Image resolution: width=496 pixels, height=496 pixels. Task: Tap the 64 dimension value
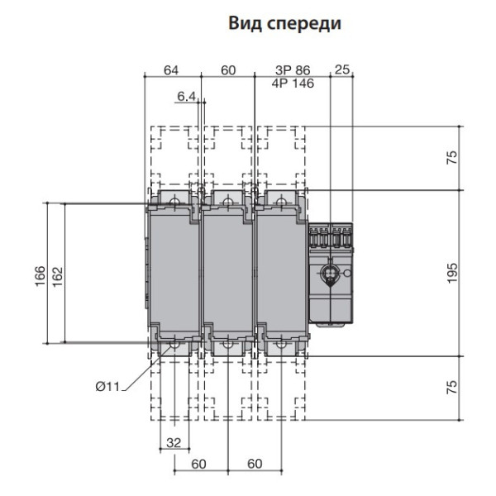[x=171, y=70]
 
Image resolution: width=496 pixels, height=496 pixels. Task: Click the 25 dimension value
[x=341, y=70]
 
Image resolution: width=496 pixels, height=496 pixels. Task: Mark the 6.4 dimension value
[x=186, y=98]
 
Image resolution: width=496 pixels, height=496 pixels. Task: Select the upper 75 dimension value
[x=451, y=158]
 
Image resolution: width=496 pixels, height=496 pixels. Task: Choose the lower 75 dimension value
[x=451, y=389]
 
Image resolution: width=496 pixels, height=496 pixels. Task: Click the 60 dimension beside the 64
[x=228, y=70]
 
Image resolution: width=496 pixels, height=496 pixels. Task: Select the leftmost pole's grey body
[x=172, y=273]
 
